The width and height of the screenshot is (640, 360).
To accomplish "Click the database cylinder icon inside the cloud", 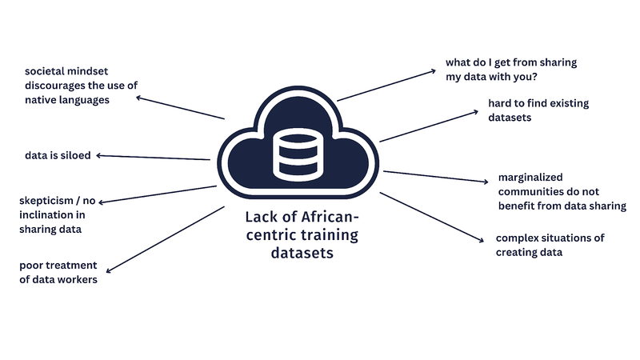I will [297, 154].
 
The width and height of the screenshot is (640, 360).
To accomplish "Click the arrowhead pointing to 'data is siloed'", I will [99, 155].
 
